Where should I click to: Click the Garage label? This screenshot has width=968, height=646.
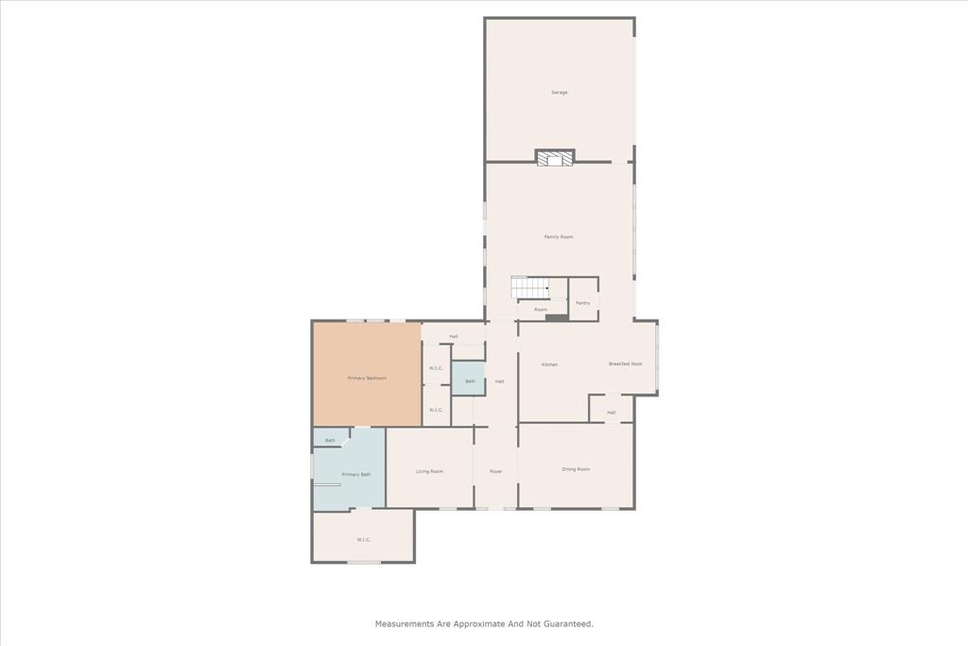(560, 93)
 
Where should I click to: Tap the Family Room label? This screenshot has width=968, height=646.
(559, 236)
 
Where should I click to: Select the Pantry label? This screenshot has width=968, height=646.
(583, 303)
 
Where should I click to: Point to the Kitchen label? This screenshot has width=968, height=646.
(549, 364)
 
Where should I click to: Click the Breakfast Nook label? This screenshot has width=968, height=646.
(625, 364)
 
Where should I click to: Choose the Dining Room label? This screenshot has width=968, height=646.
(576, 469)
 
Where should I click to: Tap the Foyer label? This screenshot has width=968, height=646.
(495, 471)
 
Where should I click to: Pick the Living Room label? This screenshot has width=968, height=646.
(430, 471)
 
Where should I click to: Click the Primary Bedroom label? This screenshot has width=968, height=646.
(367, 378)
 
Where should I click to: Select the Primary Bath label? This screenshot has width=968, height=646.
(356, 474)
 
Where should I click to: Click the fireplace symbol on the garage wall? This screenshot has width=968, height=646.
(555, 158)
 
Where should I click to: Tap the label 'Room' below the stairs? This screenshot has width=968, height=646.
(541, 309)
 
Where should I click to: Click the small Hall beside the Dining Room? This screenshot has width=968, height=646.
(612, 412)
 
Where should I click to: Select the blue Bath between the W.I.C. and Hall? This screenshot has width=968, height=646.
(470, 381)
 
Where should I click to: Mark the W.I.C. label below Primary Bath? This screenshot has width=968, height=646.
(364, 540)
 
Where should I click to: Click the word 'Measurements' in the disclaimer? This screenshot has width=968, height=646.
(405, 624)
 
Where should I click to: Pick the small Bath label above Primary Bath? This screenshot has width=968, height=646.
(330, 440)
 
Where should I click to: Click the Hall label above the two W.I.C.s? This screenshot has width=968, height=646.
(454, 337)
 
